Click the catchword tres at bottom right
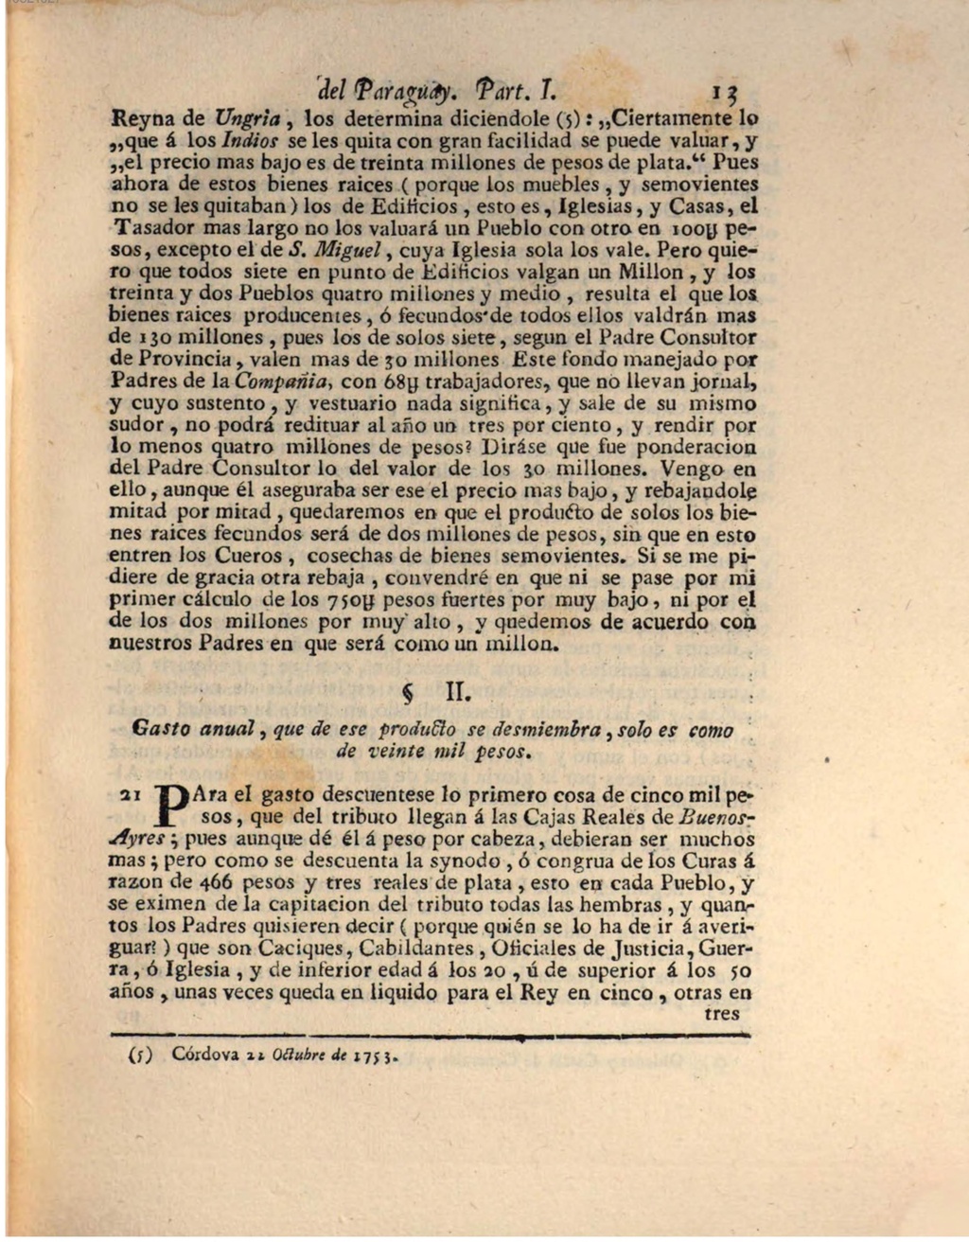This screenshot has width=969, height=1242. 722,1013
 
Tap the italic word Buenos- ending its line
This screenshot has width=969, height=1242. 718,817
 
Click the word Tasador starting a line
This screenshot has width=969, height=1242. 151,228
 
